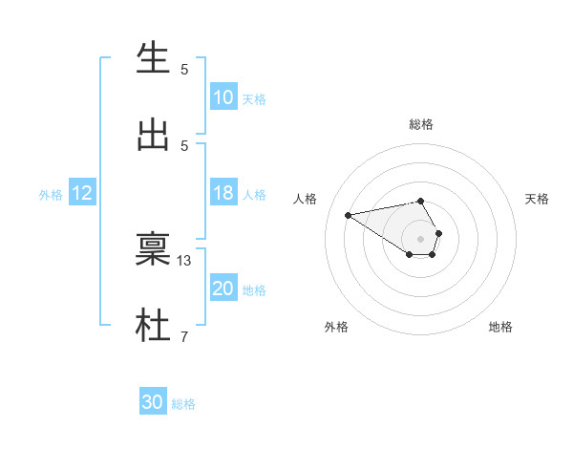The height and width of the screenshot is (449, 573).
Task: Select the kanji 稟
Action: pyautogui.click(x=153, y=249)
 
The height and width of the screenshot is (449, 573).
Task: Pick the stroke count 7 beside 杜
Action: pyautogui.click(x=184, y=336)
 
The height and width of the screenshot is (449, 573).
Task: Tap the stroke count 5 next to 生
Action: pyautogui.click(x=184, y=69)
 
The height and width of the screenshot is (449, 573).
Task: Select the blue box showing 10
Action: pyautogui.click(x=223, y=97)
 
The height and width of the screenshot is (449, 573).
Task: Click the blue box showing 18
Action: pyautogui.click(x=223, y=193)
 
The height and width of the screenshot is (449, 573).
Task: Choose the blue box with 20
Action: pyautogui.click(x=223, y=289)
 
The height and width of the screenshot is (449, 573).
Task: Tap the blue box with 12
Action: pyautogui.click(x=81, y=193)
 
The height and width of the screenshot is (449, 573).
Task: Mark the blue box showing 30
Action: pyautogui.click(x=152, y=402)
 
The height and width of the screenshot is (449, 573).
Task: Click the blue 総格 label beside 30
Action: pyautogui.click(x=183, y=404)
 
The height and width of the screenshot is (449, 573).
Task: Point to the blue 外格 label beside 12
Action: pyautogui.click(x=51, y=195)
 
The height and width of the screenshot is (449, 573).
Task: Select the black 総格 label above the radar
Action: pyautogui.click(x=421, y=124)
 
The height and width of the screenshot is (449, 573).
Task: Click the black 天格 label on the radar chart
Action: pyautogui.click(x=537, y=199)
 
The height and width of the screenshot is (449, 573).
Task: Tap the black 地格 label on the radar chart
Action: pyautogui.click(x=500, y=327)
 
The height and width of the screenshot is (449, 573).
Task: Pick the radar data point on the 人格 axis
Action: pyautogui.click(x=349, y=214)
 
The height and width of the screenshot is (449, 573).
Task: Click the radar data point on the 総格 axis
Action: pyautogui.click(x=421, y=201)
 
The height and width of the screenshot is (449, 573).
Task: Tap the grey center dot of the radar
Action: pyautogui.click(x=421, y=238)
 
